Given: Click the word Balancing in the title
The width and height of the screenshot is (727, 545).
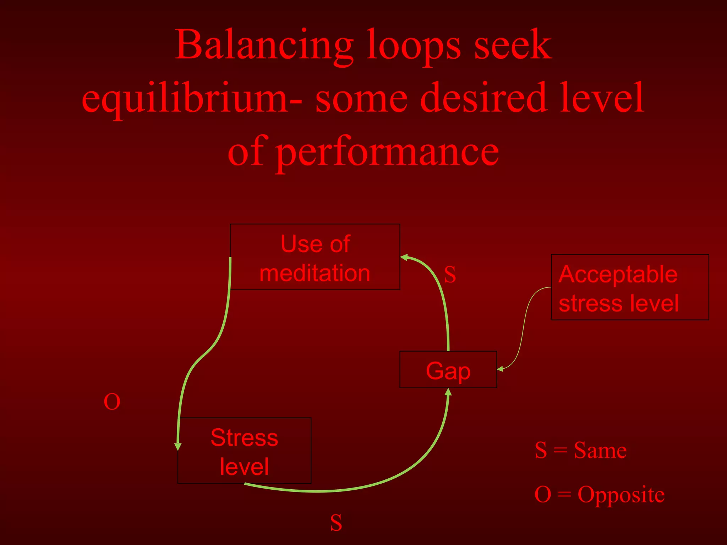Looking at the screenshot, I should coord(264,45).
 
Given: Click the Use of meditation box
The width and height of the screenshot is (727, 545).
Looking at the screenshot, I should coord(315,257).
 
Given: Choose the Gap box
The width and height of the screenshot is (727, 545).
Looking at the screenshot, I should coord(448,370).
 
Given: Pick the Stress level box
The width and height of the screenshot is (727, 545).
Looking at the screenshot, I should coord(244,451).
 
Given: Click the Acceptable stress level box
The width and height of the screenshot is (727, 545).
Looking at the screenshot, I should coord(629,287).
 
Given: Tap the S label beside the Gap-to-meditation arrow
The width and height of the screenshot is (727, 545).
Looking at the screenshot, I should coord(450,274).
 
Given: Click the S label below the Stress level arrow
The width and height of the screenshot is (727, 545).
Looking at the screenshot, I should coord(336,523).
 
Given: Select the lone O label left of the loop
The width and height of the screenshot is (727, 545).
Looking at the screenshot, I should coord(112,402).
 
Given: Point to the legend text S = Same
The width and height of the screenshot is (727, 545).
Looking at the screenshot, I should coord(580,450).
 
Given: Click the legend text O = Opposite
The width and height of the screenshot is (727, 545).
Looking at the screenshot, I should coord(599,494).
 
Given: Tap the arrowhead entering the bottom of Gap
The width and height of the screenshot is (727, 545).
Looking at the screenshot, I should coord(448,392).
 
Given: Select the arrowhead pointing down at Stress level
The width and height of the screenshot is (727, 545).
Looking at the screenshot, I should coord(178,446).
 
